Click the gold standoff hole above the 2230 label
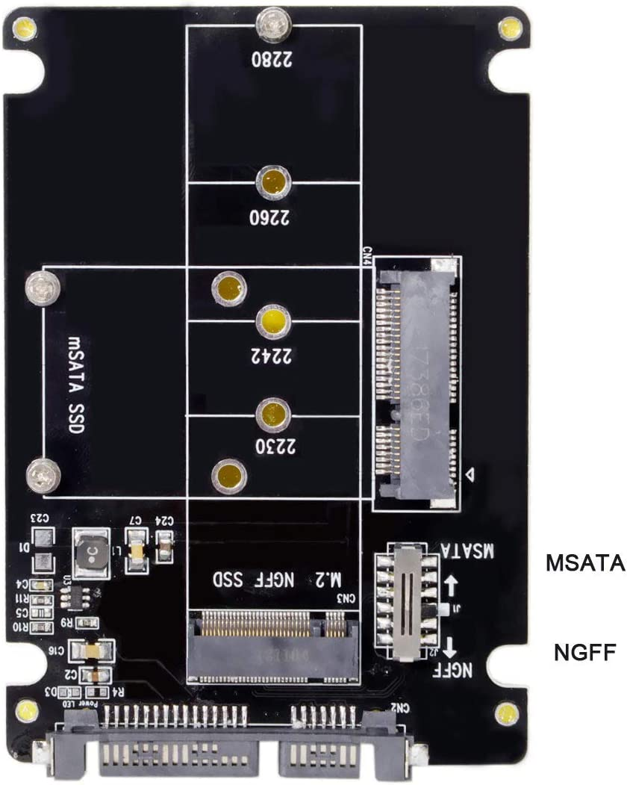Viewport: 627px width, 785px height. point(274,412)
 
